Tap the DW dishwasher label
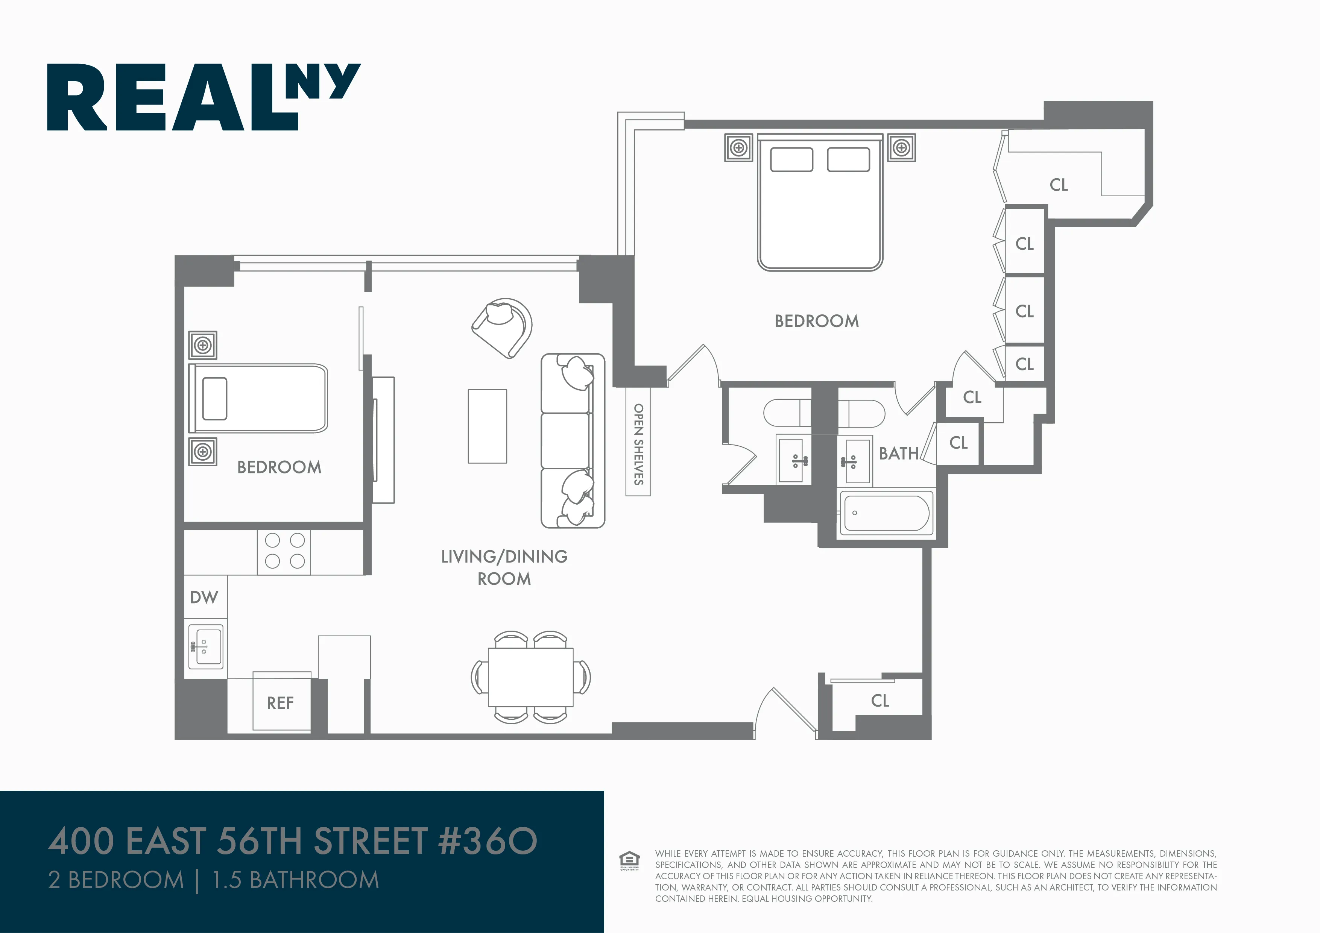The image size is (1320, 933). pyautogui.click(x=204, y=597)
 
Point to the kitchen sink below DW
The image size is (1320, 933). pyautogui.click(x=205, y=647)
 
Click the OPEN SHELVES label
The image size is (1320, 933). pyautogui.click(x=638, y=444)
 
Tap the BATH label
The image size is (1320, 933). pyautogui.click(x=899, y=454)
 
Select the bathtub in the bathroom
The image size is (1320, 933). pyautogui.click(x=886, y=513)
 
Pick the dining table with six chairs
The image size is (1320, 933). pyautogui.click(x=530, y=677)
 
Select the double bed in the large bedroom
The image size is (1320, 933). pyautogui.click(x=820, y=202)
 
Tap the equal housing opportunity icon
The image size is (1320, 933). pyautogui.click(x=629, y=860)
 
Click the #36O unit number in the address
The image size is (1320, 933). pyautogui.click(x=488, y=841)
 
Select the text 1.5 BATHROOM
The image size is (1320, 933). pyautogui.click(x=296, y=880)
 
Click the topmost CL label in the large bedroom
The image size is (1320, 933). pyautogui.click(x=1059, y=185)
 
